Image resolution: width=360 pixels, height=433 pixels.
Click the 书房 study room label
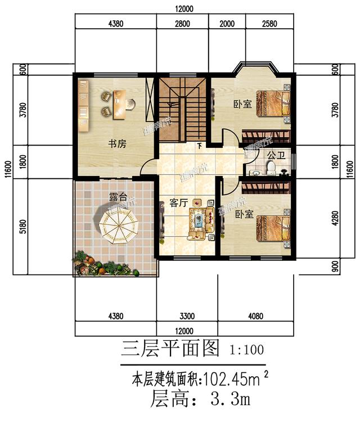117,145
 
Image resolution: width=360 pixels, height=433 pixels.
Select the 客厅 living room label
178,203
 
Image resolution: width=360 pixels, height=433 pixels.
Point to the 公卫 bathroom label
276,154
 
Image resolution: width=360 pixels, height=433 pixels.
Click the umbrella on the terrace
119,224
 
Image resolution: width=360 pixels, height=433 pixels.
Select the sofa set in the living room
200,219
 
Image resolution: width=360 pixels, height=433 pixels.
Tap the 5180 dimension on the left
23,227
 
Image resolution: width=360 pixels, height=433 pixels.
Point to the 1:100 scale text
246,350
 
